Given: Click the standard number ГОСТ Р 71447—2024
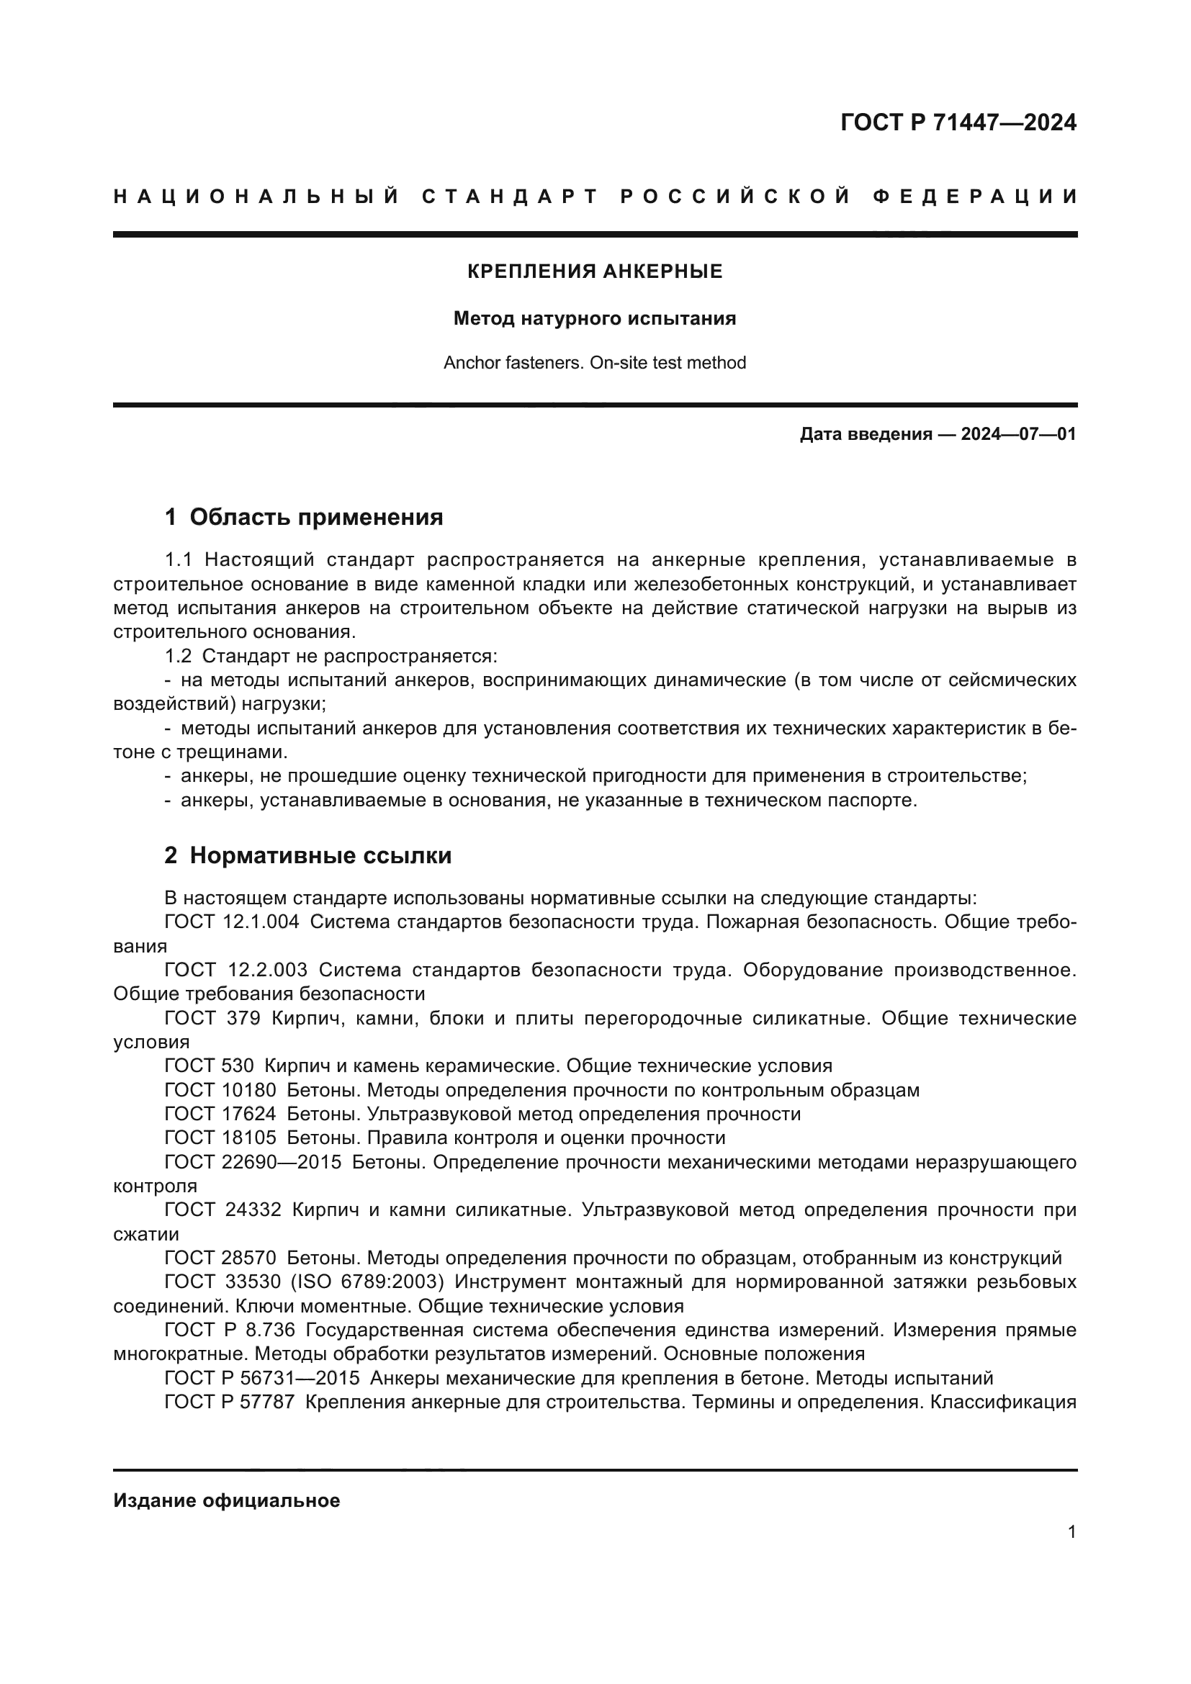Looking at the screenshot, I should pyautogui.click(x=958, y=122).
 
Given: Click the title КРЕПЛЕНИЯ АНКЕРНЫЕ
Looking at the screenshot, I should pyautogui.click(x=595, y=271).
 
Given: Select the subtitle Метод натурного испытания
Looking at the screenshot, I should pyautogui.click(x=595, y=318).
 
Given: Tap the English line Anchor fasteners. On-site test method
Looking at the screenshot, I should pyautogui.click(x=595, y=362).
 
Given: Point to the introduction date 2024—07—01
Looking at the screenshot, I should pyautogui.click(x=1018, y=434).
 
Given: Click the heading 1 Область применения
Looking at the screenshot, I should pyautogui.click(x=304, y=517).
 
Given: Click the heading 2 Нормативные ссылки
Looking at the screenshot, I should pyautogui.click(x=308, y=855).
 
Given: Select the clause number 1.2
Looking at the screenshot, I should pyautogui.click(x=178, y=656).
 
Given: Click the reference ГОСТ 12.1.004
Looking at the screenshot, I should pyautogui.click(x=232, y=922).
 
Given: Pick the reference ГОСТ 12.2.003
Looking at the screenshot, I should pyautogui.click(x=236, y=970).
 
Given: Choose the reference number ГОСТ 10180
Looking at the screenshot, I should pyautogui.click(x=220, y=1090).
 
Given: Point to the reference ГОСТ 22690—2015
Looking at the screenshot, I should pyautogui.click(x=253, y=1162).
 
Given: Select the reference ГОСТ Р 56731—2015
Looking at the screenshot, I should pyautogui.click(x=262, y=1378).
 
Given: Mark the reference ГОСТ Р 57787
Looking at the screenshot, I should pyautogui.click(x=230, y=1402).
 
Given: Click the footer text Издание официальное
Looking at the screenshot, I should pyautogui.click(x=227, y=1500).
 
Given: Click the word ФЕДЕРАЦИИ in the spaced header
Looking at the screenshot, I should pyautogui.click(x=976, y=197).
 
